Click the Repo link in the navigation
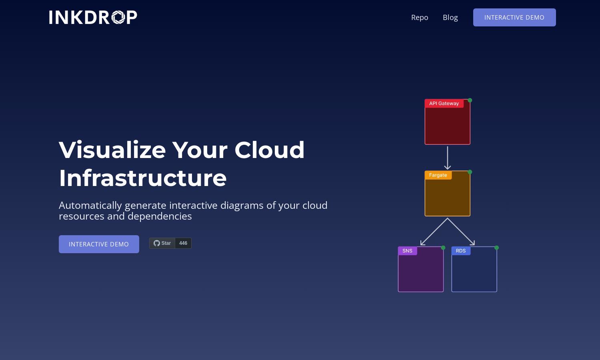420,18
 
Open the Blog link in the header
450,18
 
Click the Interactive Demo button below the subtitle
99,244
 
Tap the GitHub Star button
162,243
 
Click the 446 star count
183,243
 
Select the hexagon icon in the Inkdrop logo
118,18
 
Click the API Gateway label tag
444,103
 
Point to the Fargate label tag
438,175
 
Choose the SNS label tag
408,251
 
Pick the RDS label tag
461,251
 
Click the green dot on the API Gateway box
470,100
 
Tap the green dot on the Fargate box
470,172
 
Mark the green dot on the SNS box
443,248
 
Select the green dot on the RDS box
496,248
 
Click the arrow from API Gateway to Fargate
447,158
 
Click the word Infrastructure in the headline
143,178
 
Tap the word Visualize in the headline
112,150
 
